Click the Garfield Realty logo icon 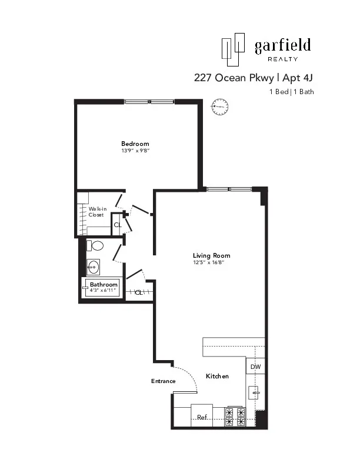click(x=232, y=49)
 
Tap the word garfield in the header click(x=282, y=46)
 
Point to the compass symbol click(x=219, y=107)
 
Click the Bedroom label click(x=135, y=144)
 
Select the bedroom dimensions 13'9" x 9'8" click(x=135, y=151)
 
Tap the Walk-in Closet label click(x=96, y=212)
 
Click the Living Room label click(x=211, y=255)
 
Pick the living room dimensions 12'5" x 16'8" click(x=211, y=262)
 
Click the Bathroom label click(x=104, y=285)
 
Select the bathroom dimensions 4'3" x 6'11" click(x=104, y=291)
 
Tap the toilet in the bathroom click(x=95, y=245)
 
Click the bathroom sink click(x=93, y=267)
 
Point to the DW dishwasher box click(x=255, y=367)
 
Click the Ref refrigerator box click(x=202, y=417)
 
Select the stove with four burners click(x=235, y=417)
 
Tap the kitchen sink click(x=254, y=392)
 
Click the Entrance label click(x=164, y=381)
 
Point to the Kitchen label click(x=217, y=376)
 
